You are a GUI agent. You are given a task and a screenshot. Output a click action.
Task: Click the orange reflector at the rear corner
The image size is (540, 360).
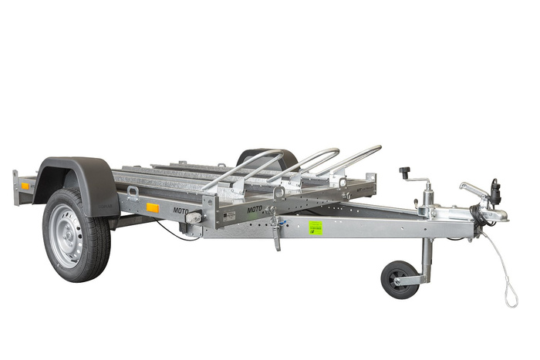25,186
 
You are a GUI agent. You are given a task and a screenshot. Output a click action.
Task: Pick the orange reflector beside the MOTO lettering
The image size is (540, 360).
153,207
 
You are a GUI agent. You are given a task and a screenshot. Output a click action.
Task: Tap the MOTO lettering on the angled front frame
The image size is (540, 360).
255,208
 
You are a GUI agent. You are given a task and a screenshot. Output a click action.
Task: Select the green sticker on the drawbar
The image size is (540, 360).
316,227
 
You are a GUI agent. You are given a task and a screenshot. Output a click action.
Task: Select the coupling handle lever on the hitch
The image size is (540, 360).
471,187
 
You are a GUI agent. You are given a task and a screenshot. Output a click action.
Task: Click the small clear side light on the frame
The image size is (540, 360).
193,219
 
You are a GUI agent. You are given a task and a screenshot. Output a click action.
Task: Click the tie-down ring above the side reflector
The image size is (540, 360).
133,193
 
